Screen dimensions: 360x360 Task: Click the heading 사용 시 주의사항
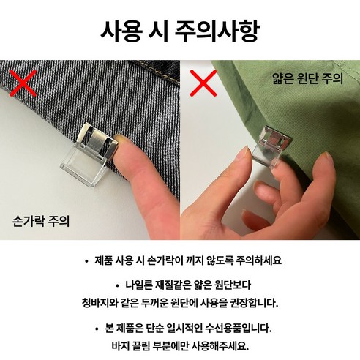click(x=179, y=33)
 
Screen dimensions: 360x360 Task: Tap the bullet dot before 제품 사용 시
click(x=89, y=260)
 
